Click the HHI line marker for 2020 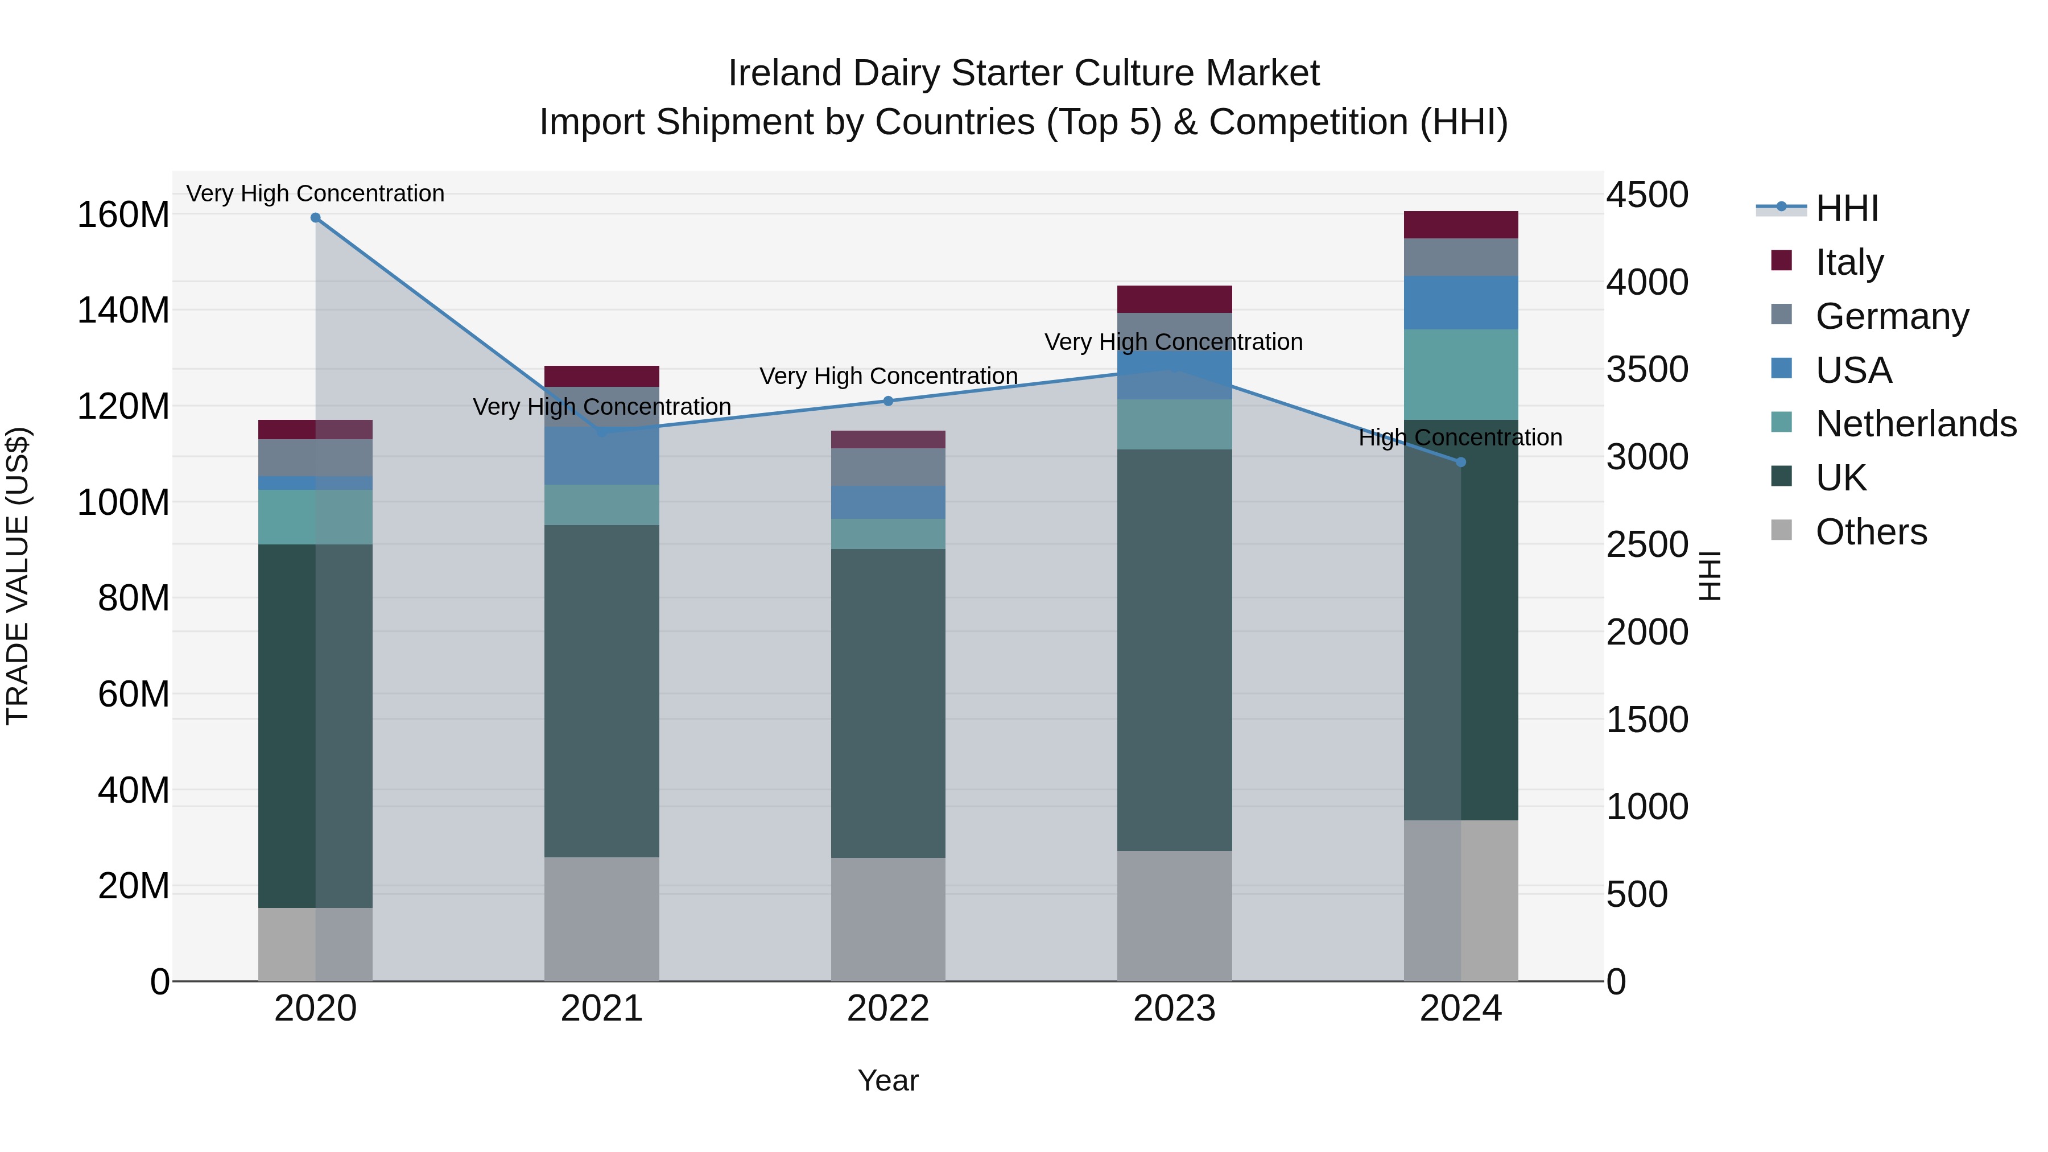316,218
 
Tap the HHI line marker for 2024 1460,462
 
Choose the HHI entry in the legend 1846,208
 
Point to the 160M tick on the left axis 123,216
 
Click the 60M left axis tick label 134,695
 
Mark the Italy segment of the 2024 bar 1460,225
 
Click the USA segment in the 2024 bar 1460,303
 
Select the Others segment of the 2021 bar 602,919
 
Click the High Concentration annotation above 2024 1460,438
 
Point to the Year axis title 888,1081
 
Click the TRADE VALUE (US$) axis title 18,576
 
